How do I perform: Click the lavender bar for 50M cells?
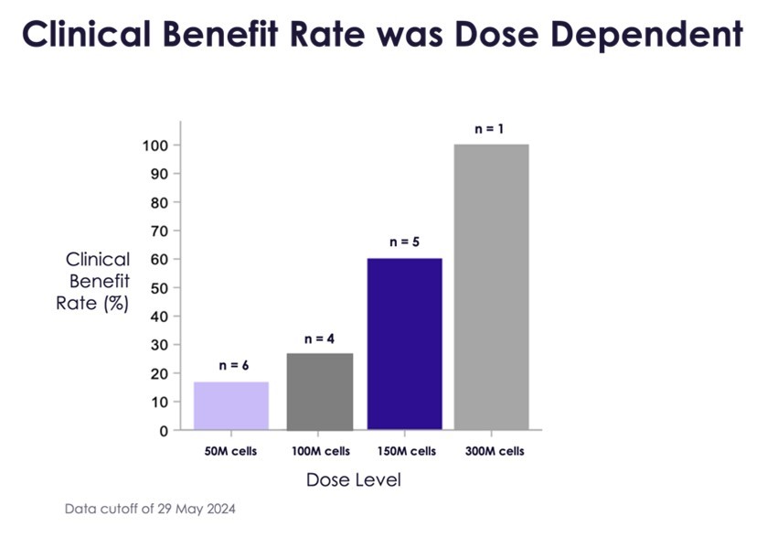pos(230,405)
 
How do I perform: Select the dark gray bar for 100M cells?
pos(319,391)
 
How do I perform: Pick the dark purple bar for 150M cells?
pos(404,344)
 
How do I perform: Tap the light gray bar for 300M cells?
pos(491,286)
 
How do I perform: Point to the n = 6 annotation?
pos(234,366)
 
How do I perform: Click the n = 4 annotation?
pos(319,339)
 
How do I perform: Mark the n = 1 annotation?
pos(489,129)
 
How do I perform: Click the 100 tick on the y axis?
pos(155,145)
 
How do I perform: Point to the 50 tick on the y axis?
pos(159,288)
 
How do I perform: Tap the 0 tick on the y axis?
pos(164,430)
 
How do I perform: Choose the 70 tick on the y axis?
pos(159,231)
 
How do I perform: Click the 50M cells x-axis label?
pos(231,452)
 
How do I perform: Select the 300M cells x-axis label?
pos(494,452)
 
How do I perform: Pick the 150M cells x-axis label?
pos(406,452)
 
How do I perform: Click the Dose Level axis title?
pos(353,480)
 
